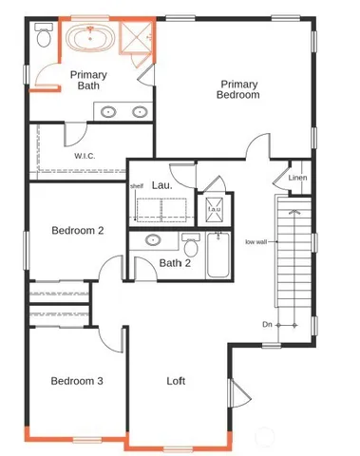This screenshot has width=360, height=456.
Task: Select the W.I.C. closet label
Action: coord(88,154)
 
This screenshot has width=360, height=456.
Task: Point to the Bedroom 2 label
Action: coord(77,230)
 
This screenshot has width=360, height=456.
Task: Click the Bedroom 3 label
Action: coord(77,381)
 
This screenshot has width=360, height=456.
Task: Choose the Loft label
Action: coord(176,381)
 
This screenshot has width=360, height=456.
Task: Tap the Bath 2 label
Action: coord(176,263)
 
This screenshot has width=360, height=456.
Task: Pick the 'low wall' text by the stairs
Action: coord(256,241)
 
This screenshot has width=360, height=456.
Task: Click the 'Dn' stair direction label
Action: coord(268,324)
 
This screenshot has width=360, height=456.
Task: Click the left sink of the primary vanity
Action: coord(108,112)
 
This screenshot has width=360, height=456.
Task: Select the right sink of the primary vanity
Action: coord(140,112)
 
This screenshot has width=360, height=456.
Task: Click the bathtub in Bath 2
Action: coord(219,254)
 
